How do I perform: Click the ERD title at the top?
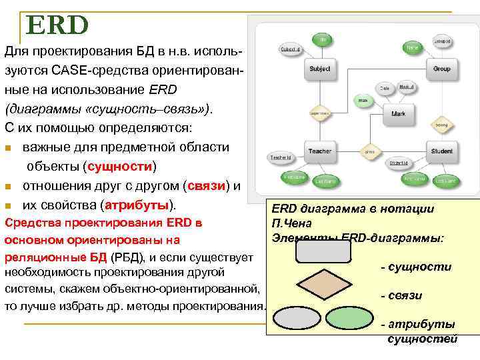(57, 25)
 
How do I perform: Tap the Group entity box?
(441, 69)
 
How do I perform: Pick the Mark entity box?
(398, 114)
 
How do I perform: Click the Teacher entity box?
(319, 151)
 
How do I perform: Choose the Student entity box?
(441, 151)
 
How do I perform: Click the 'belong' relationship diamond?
(441, 124)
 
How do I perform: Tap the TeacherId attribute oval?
(281, 158)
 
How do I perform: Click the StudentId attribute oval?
(399, 162)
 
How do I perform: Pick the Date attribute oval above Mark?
(385, 88)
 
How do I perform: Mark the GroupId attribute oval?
(441, 41)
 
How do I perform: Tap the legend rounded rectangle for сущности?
(323, 251)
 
